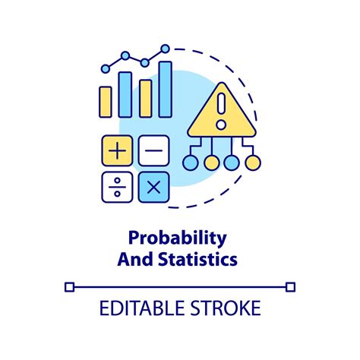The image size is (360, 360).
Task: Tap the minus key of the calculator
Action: coord(153,150)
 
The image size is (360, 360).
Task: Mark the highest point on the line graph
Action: coord(165,49)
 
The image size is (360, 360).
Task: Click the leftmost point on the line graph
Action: coord(106,68)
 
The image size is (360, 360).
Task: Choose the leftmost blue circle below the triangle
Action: coord(190,163)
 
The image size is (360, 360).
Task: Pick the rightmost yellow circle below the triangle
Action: coord(253,163)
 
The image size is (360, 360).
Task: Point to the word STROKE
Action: coord(224,308)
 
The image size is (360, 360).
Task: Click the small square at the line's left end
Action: coord(70,286)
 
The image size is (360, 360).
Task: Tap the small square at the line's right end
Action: coord(290,286)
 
